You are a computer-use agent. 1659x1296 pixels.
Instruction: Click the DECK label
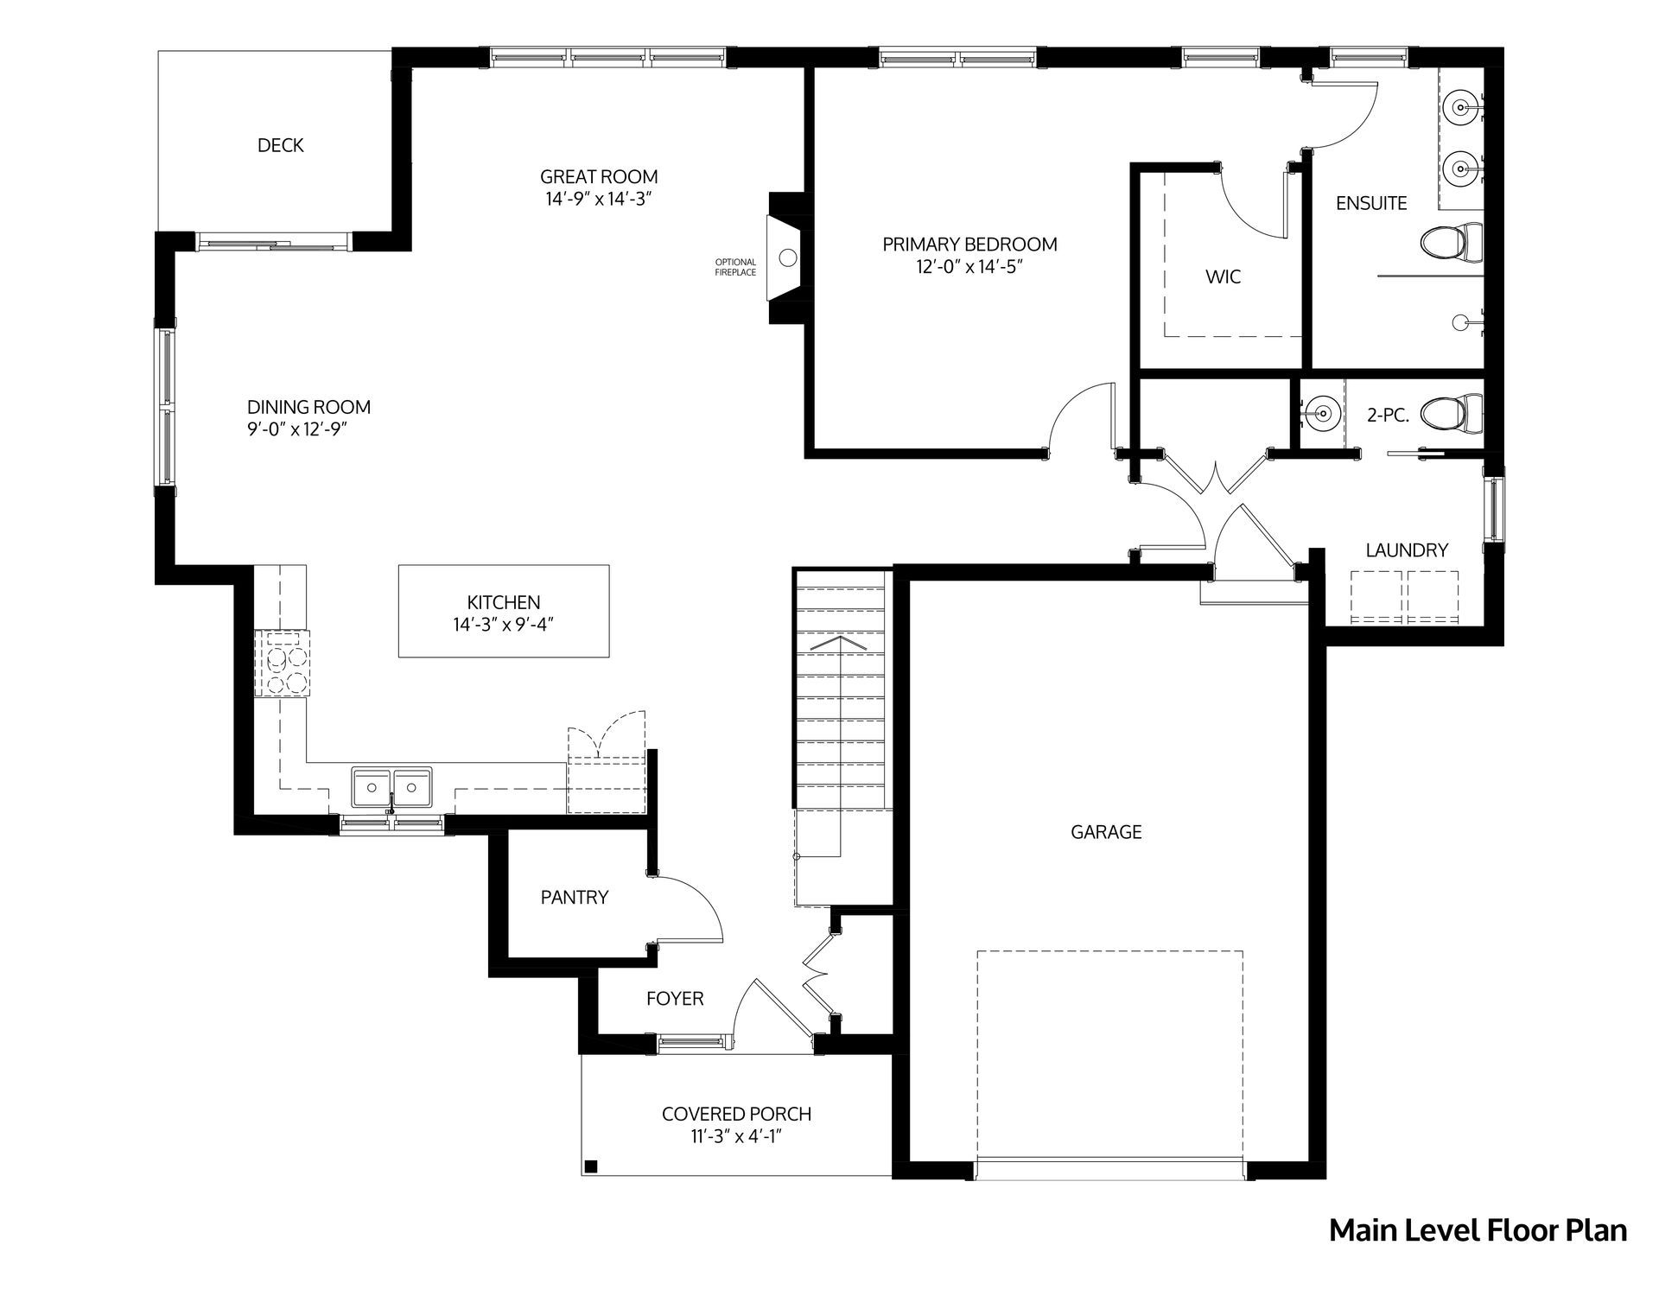[x=280, y=145]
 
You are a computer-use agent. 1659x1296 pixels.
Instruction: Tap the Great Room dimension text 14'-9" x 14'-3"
[x=599, y=199]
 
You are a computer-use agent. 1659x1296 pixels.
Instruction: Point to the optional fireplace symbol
[x=786, y=257]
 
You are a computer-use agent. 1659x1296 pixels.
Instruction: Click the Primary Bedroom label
[x=969, y=245]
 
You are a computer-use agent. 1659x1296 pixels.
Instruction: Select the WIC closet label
[x=1223, y=276]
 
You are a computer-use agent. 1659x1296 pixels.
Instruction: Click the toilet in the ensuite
[x=1452, y=241]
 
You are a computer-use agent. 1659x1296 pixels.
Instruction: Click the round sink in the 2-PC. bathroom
[x=1319, y=414]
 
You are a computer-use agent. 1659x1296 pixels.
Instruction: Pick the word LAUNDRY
[x=1407, y=550]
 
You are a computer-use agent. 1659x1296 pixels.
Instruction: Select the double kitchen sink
[x=392, y=789]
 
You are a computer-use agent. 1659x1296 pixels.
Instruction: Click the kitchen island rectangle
[x=504, y=611]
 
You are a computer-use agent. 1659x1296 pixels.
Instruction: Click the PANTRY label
[x=575, y=898]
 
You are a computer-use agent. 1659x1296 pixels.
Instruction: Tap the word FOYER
[x=675, y=999]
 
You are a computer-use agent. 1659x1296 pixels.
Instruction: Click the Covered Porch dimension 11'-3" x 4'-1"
[x=737, y=1137]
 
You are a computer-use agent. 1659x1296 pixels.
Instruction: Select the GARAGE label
[x=1106, y=832]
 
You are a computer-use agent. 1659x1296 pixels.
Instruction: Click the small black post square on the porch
[x=591, y=1166]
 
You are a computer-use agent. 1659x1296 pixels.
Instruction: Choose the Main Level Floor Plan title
[x=1478, y=1230]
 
